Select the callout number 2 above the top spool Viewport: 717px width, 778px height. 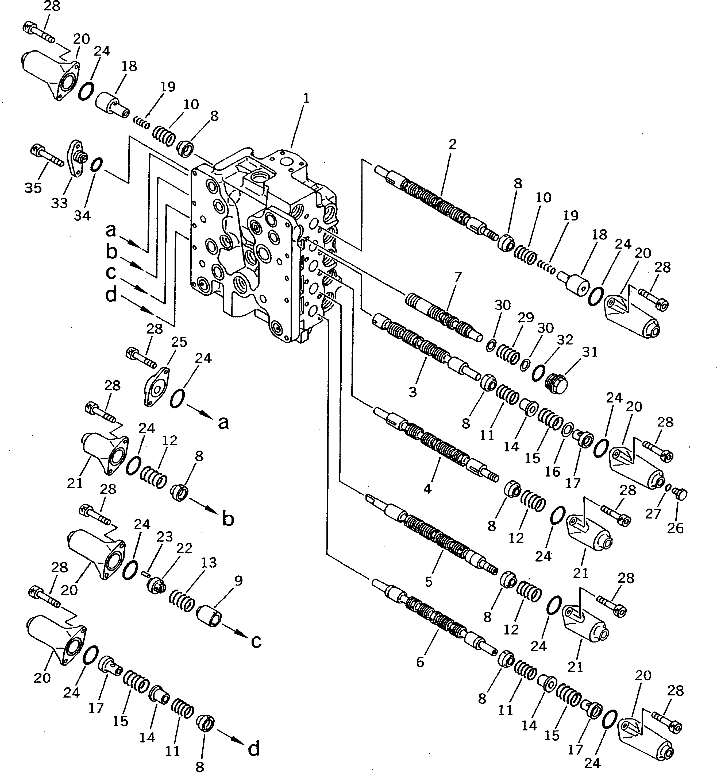pos(452,145)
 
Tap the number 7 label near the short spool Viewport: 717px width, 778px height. pos(458,277)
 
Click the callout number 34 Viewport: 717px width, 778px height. pos(82,215)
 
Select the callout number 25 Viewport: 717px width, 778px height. pos(179,342)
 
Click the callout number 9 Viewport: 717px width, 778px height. pos(238,580)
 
